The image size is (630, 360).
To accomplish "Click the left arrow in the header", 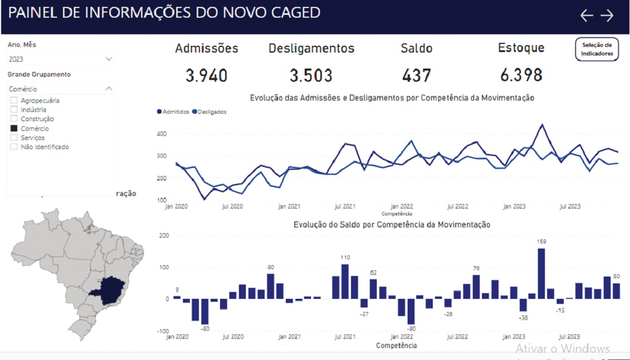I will (587, 15).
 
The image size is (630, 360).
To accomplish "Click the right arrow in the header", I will (607, 15).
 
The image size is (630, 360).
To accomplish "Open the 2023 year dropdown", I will (61, 59).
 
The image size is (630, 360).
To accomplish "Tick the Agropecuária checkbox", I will (14, 101).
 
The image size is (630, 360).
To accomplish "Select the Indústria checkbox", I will (14, 110).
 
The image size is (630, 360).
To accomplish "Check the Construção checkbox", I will (14, 119).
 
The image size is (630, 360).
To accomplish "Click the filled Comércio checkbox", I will (14, 129).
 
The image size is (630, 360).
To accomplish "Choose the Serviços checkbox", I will (14, 138).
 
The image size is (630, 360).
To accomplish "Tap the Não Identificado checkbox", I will (14, 147).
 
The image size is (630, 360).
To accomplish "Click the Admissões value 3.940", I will (206, 75).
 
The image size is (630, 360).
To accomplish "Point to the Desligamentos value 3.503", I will (311, 75).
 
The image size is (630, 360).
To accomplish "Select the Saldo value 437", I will (416, 75).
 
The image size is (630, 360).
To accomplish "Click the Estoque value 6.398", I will (520, 75).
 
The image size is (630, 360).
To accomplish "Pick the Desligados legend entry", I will (209, 112).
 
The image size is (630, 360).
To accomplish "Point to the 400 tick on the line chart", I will (162, 134).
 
